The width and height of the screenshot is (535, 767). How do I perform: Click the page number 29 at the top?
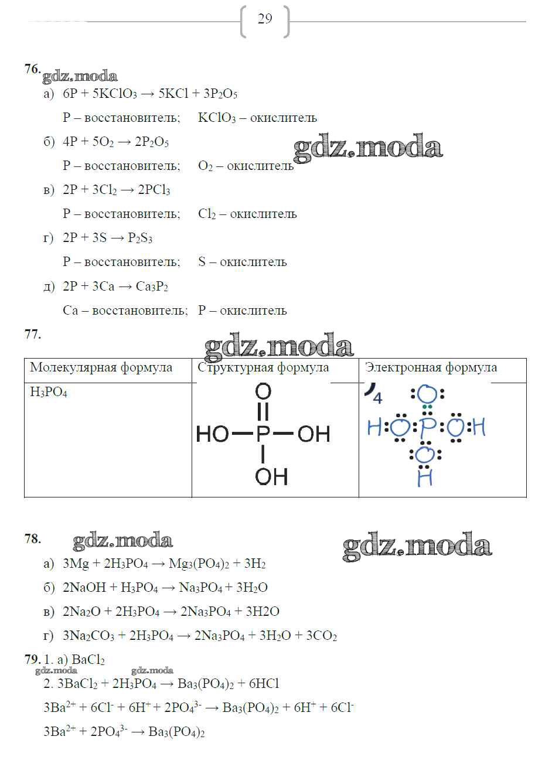[265, 19]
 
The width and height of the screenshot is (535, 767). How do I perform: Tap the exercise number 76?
[32, 69]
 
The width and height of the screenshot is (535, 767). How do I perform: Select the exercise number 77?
[32, 335]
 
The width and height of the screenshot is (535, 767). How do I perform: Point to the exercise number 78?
[32, 539]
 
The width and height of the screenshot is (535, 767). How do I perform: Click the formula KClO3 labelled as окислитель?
[217, 118]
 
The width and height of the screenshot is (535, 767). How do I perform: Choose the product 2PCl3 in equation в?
[154, 190]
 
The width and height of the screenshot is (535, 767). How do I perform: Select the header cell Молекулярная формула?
[101, 368]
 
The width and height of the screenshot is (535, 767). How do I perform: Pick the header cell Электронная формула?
[431, 368]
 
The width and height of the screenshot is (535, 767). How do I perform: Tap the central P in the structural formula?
[263, 434]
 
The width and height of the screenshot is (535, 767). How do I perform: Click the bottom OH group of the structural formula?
[271, 476]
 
